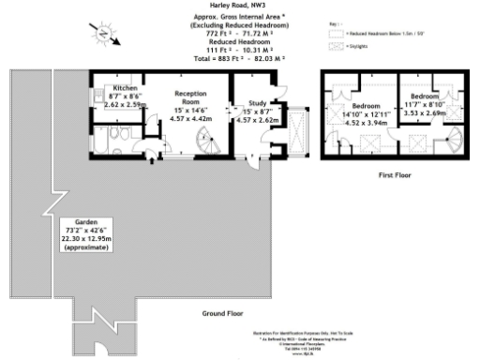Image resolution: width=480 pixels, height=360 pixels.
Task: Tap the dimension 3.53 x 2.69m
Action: [x=423, y=112]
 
